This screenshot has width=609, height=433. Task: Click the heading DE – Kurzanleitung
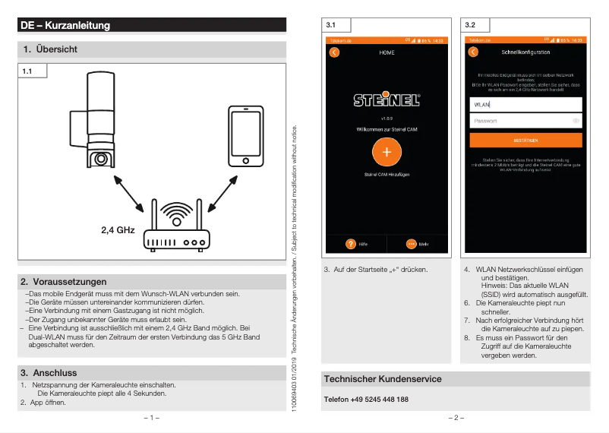(66, 26)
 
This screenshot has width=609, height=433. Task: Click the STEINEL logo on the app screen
(387, 100)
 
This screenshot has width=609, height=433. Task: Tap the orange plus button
(387, 152)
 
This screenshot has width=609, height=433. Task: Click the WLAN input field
(525, 105)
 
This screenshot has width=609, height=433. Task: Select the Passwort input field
(525, 121)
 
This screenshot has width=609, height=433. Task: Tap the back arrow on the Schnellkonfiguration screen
(473, 52)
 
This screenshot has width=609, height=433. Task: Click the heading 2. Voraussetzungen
(64, 282)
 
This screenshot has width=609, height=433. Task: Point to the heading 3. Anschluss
(49, 373)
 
